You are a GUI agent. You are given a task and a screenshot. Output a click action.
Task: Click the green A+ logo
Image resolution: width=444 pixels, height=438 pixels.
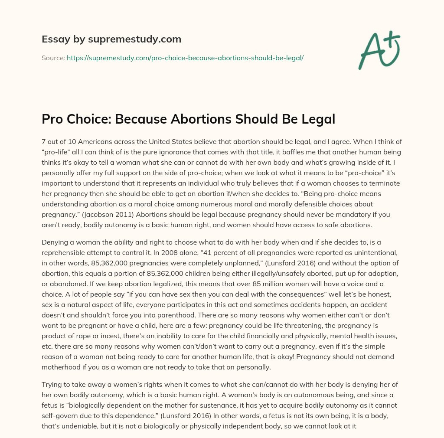click(x=379, y=48)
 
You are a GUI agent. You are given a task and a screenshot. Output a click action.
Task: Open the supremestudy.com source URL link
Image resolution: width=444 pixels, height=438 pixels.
click(x=185, y=57)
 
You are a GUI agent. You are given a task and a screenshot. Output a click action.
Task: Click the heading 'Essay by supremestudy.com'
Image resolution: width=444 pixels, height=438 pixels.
click(x=111, y=39)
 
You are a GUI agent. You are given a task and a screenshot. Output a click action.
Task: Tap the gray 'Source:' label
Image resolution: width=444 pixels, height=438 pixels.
click(x=53, y=57)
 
